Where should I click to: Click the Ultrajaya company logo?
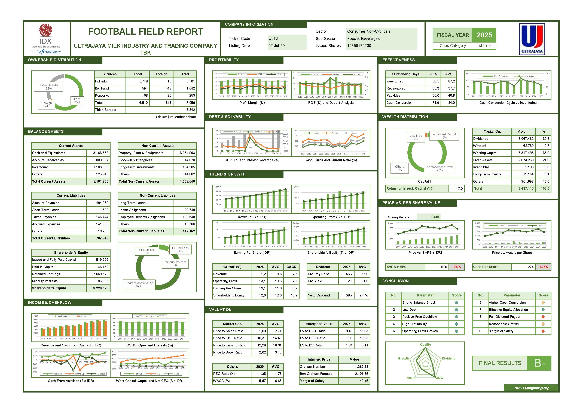point(532,39)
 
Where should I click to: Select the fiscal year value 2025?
point(484,35)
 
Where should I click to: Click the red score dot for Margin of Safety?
point(543,331)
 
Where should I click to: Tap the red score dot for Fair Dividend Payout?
point(543,317)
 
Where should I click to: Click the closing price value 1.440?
point(435,217)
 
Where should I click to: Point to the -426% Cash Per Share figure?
point(543,267)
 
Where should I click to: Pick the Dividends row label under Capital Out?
point(481,139)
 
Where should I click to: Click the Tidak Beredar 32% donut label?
point(49,87)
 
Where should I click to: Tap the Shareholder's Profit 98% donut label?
point(439,168)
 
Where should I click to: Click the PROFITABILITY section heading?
point(224,60)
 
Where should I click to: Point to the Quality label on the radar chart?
point(425,345)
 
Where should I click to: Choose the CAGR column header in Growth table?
point(291,267)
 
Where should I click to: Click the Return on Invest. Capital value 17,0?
point(459,188)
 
